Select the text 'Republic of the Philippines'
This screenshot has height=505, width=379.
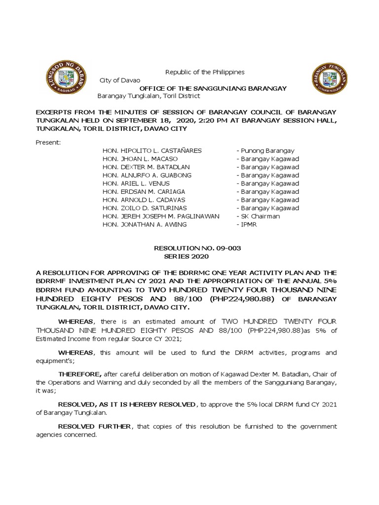coord(205,72)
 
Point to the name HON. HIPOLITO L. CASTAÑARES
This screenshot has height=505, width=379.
coord(152,150)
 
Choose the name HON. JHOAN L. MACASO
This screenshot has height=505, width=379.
coord(140,159)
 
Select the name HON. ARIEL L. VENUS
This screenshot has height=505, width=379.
coord(136,183)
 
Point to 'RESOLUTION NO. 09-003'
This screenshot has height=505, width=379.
coord(198,249)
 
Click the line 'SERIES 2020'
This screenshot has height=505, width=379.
coord(189,256)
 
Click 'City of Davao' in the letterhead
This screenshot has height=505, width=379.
coord(120,80)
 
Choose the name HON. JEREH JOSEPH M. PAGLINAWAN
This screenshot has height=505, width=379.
coord(161,216)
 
